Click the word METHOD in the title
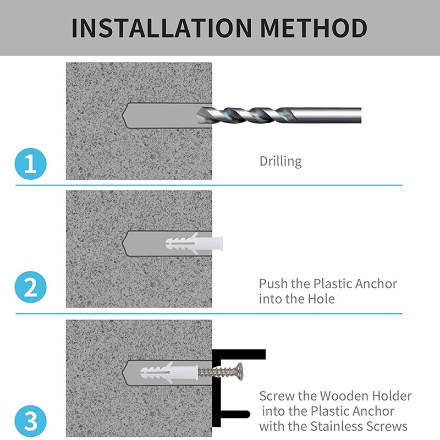tap(314, 28)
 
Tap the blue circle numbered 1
tap(30, 164)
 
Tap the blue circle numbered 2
tap(30, 287)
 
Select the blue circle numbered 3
tap(30, 421)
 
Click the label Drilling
tap(280, 161)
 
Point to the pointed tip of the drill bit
tap(197, 116)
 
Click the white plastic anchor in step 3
tap(169, 373)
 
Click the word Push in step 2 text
tap(273, 284)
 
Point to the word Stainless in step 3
tap(337, 426)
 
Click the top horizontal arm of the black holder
tap(239, 354)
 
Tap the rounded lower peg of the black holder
tap(235, 414)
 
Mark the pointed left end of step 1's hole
tap(122, 116)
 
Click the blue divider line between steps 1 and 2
tap(209, 185)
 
